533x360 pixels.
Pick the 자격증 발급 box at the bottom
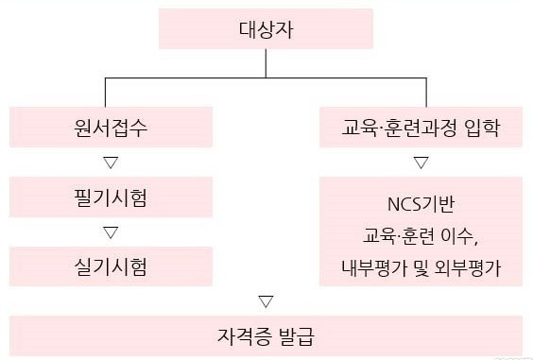(x=266, y=335)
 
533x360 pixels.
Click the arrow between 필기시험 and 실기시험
(x=111, y=231)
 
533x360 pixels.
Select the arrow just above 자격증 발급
(x=266, y=301)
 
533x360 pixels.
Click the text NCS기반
(x=421, y=204)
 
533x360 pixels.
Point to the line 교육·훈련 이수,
(x=421, y=235)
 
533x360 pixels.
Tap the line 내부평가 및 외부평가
(x=421, y=266)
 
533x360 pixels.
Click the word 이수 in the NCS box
(x=459, y=235)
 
